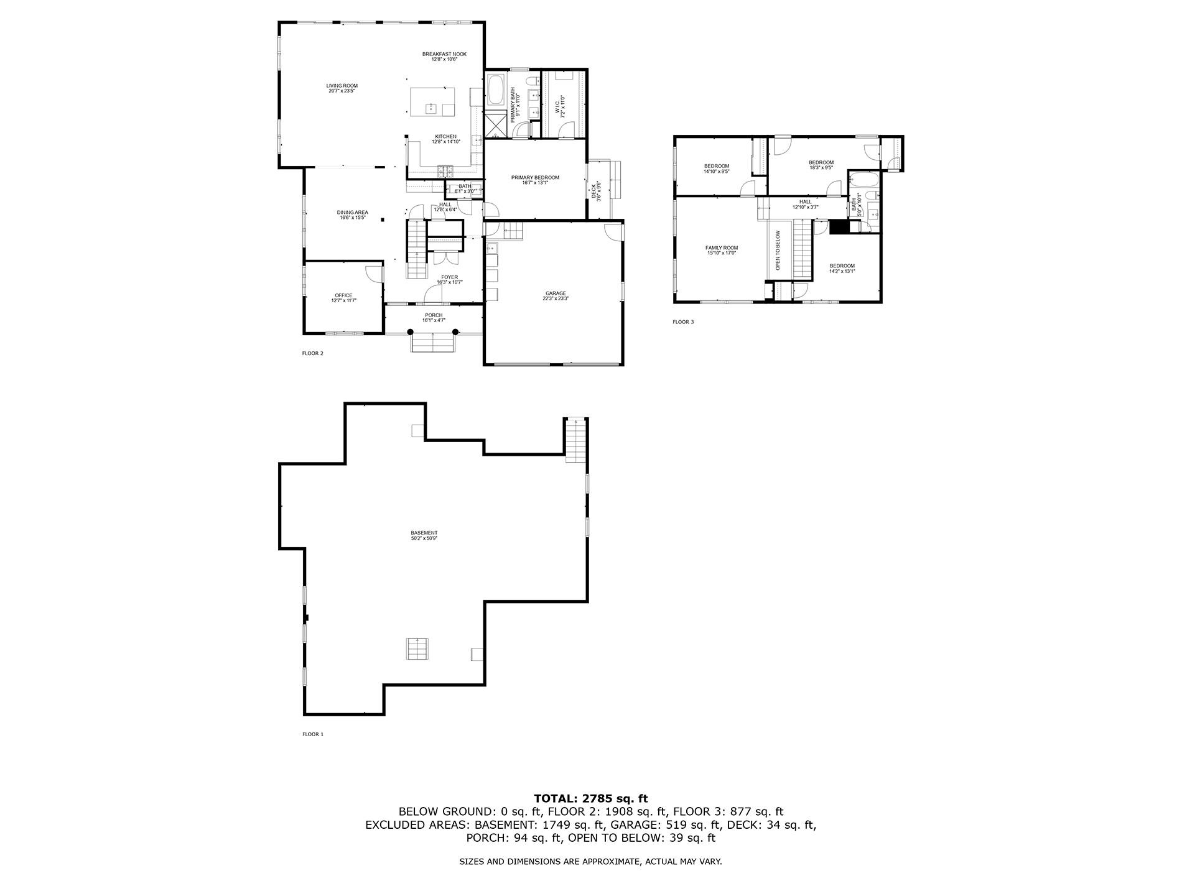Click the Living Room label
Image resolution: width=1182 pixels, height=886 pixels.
click(x=342, y=88)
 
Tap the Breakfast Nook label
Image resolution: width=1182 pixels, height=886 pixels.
click(x=444, y=57)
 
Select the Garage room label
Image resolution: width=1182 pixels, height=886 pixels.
click(x=556, y=295)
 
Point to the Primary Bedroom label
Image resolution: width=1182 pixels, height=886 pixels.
click(x=535, y=180)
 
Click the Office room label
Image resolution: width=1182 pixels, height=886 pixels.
click(x=343, y=298)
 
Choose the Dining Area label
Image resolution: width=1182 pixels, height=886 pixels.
click(x=352, y=215)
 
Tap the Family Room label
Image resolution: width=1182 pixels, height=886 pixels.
click(x=721, y=250)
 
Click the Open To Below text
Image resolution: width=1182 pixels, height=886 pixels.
click(x=778, y=250)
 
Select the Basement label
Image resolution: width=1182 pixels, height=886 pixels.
click(x=424, y=535)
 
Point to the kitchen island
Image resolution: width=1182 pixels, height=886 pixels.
click(x=432, y=101)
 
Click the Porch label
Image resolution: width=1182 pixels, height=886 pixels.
click(x=434, y=318)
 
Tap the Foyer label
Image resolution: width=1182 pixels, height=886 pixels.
click(x=449, y=279)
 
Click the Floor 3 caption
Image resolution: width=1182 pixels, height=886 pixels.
click(x=682, y=322)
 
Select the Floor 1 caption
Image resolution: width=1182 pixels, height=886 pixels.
click(x=313, y=734)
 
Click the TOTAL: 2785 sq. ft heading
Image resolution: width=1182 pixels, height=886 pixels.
click(x=590, y=798)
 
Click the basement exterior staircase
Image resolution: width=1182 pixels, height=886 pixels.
click(x=576, y=440)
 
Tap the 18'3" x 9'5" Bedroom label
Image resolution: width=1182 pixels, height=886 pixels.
click(x=821, y=165)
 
